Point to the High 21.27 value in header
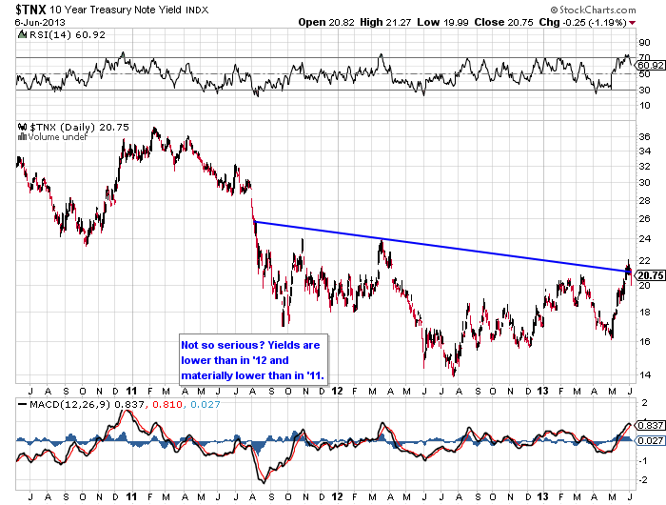point(390,22)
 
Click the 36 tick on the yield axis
point(644,137)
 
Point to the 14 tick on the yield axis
point(644,374)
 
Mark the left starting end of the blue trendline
point(254,222)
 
